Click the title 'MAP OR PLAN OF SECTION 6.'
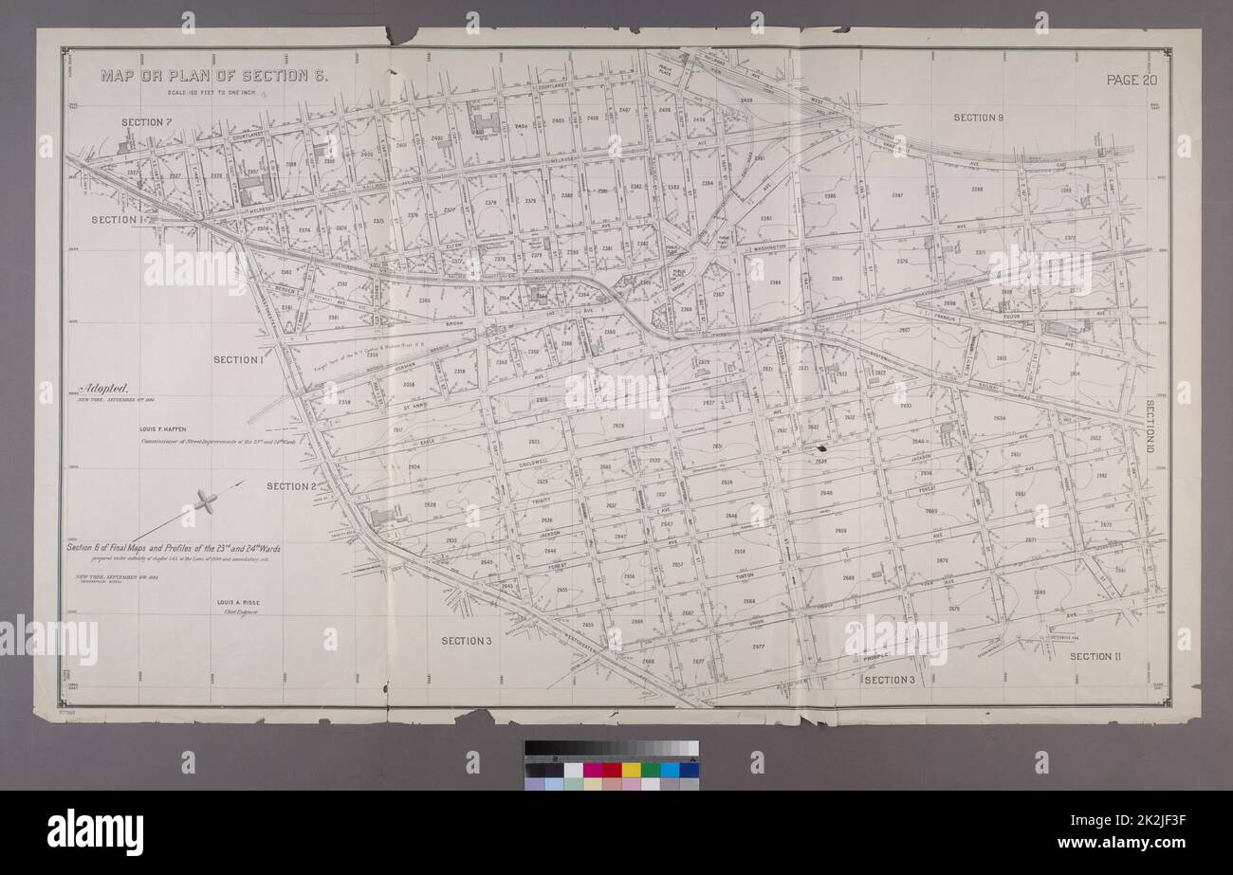click(x=214, y=77)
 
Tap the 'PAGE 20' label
click(x=1132, y=80)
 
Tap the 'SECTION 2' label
click(x=290, y=486)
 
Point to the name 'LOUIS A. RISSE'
click(x=246, y=603)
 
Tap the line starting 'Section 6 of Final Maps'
click(x=173, y=548)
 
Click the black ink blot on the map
click(x=822, y=447)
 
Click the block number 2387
click(x=897, y=196)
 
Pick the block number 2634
click(x=999, y=418)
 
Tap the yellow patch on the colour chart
click(x=630, y=769)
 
